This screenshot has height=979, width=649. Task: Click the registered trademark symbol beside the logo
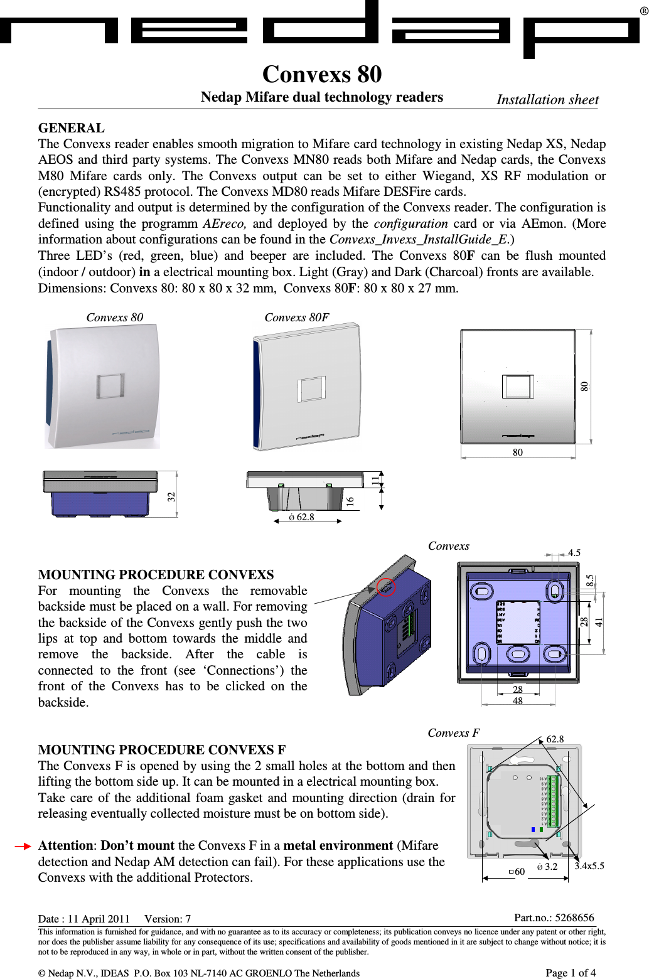coord(643,11)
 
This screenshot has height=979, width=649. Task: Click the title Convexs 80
coord(322,75)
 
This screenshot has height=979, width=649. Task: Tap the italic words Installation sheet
coord(547,100)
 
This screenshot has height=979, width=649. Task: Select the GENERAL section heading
coord(72,128)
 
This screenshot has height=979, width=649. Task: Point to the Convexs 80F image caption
coord(296,318)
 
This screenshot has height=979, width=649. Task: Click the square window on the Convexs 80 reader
coord(110,386)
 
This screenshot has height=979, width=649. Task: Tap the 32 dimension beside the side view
coord(171,496)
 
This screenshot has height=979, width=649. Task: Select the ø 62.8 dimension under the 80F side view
coord(302,517)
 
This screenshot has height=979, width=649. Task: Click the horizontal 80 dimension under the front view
coord(517,452)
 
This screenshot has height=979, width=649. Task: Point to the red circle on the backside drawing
coord(385,587)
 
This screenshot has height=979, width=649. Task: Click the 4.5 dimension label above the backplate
coord(574,553)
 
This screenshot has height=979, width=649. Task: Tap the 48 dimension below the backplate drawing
coord(517,701)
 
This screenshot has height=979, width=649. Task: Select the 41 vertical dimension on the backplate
coord(599,622)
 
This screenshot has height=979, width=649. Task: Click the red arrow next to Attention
coord(23,846)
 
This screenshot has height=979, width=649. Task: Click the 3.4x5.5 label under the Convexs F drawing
coord(589,866)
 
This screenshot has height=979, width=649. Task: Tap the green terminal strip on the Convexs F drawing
coord(553,801)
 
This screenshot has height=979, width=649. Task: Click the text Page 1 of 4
coord(570,973)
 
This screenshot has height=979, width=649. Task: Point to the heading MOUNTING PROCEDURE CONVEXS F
coord(162,750)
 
